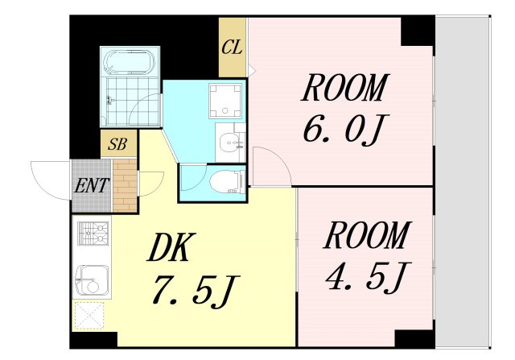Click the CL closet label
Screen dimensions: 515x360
(x=232, y=48)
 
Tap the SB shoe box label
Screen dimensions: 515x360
(x=118, y=144)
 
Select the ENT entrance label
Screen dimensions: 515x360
(x=92, y=185)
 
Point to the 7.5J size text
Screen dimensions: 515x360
(x=196, y=292)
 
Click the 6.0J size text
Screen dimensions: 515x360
(x=346, y=129)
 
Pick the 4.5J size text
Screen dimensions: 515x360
(x=369, y=277)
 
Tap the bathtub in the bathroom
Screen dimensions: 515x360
(x=130, y=62)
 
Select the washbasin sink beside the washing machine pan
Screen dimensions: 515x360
(x=231, y=143)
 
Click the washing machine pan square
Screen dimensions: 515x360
(x=225, y=101)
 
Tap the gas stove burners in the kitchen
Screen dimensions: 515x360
(x=93, y=233)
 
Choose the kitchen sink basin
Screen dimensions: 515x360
(x=92, y=280)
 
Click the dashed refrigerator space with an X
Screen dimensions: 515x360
(x=89, y=316)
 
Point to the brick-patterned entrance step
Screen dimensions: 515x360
(x=125, y=185)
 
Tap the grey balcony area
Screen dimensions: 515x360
(x=463, y=181)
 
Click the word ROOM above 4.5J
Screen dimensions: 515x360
(x=367, y=235)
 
